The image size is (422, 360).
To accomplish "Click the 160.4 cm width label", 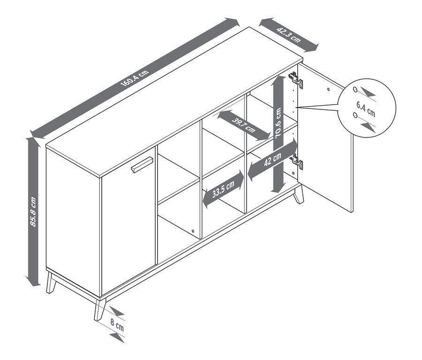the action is pos(135,78).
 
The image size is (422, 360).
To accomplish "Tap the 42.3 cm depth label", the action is pos(288,35).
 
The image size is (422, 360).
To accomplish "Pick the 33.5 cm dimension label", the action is pos(223,189).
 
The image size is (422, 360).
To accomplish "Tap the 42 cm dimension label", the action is pos(272,159).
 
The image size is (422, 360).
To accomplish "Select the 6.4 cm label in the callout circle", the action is pos(366,109).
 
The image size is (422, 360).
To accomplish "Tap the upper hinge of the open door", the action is pos(296,79).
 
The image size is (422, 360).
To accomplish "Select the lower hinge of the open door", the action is pos(297,161).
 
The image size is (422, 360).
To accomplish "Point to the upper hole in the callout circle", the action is pos(355,89).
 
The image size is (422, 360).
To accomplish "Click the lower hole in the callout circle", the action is pos(355,115).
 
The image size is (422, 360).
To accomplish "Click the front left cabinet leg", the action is pos(51,283).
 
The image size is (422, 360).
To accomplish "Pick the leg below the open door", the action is pos(299,194).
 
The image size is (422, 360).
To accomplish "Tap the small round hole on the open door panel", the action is pos(328,89).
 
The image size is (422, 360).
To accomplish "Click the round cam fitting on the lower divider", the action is pos(193,231).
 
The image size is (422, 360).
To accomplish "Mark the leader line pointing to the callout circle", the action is pos(317,106).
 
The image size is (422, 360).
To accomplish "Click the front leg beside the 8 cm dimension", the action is pos(99,309).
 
